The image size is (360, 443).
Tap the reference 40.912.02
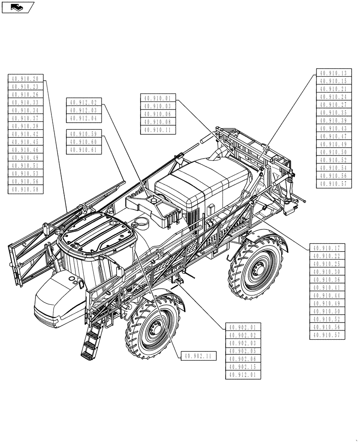[x=84, y=102]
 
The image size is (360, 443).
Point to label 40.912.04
[x=84, y=118]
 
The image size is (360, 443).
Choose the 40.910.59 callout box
[x=84, y=134]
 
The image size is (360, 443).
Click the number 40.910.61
[x=84, y=150]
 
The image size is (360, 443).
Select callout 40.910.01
[x=158, y=98]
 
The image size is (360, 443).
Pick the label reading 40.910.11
[x=158, y=130]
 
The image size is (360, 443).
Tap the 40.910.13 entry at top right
[x=334, y=73]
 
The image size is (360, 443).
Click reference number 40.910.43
[x=334, y=128]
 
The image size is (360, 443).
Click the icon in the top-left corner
[x=18, y=7]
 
